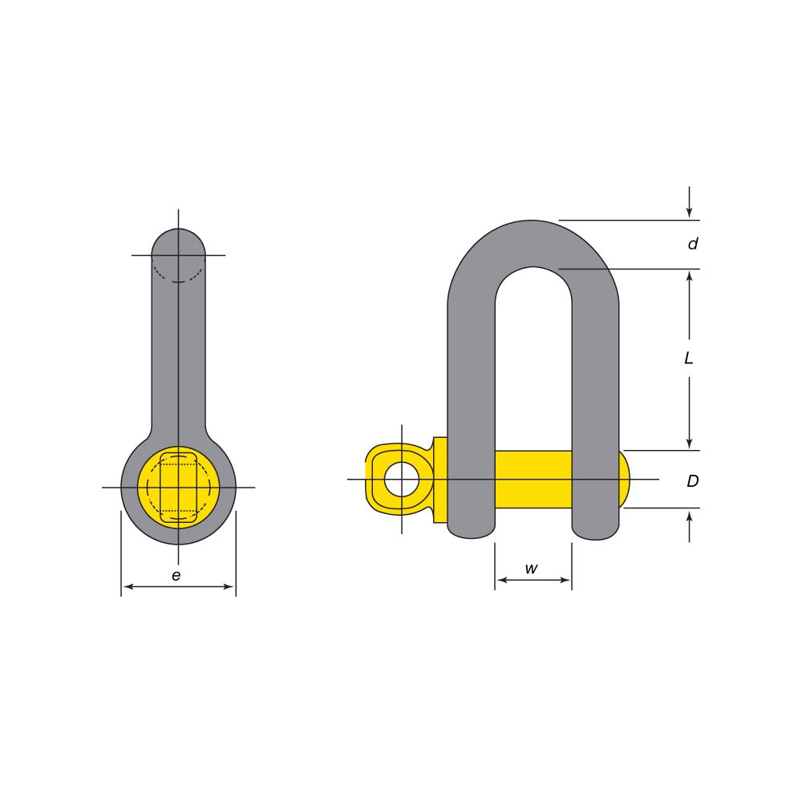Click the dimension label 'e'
pos(176,574)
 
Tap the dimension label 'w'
pos(531,569)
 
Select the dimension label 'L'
pos(688,358)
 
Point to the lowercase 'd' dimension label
pos(692,244)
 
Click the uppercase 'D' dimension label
pos(692,482)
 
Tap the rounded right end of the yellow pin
pos(624,479)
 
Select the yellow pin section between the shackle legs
pos(533,479)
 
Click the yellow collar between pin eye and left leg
pos(439,480)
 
